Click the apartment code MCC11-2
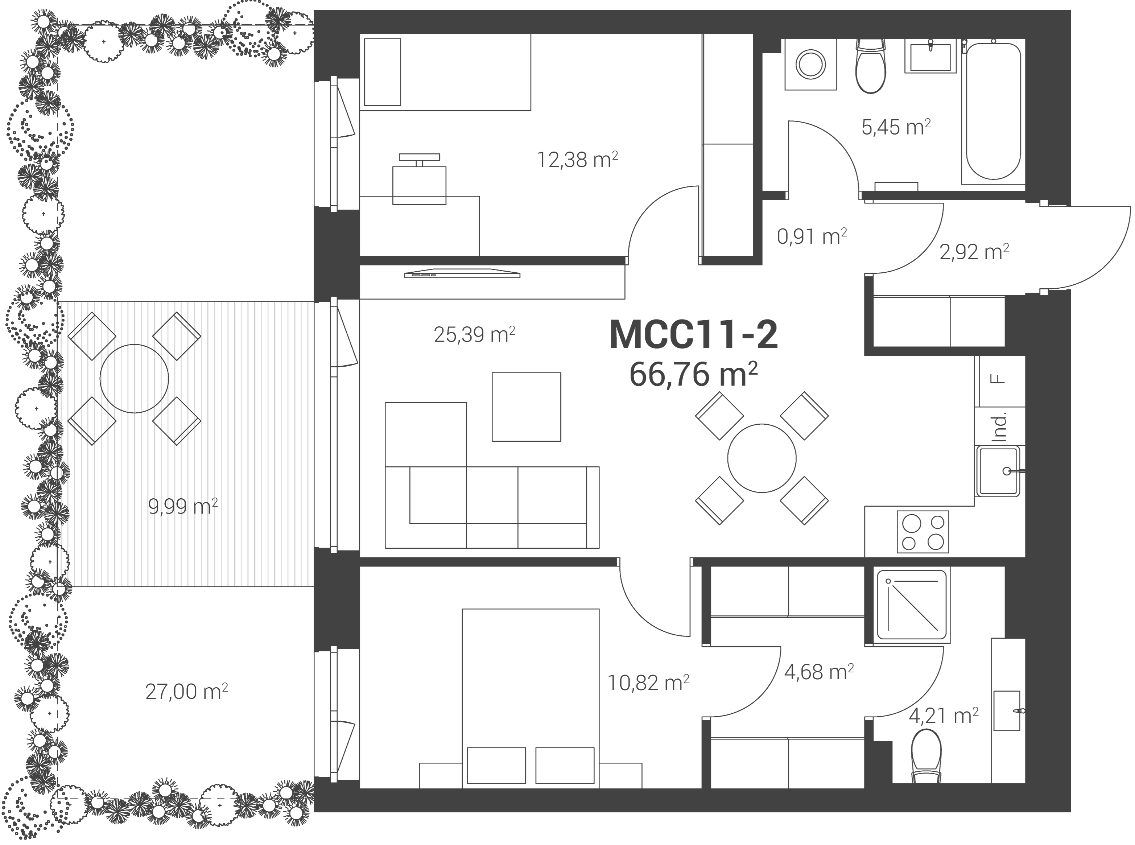point(694,335)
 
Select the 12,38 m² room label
point(577,160)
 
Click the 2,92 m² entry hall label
point(974,252)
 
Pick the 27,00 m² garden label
point(186,692)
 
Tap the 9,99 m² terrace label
point(183,506)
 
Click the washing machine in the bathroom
point(811,65)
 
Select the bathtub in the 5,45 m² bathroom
point(993,112)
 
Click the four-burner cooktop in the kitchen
point(923,532)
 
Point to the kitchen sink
point(998,471)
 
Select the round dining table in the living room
point(762,458)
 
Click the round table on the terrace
point(134,379)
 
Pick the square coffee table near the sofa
point(526,407)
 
